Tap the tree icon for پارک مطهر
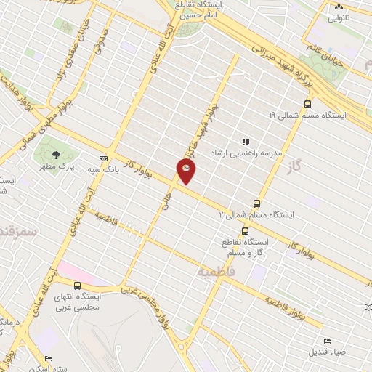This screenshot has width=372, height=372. pyautogui.click(x=56, y=154)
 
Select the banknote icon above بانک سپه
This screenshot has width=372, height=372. pyautogui.click(x=103, y=158)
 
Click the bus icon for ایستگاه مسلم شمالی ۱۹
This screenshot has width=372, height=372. pyautogui.click(x=308, y=104)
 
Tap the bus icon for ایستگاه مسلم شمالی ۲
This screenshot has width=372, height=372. pyautogui.click(x=256, y=203)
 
